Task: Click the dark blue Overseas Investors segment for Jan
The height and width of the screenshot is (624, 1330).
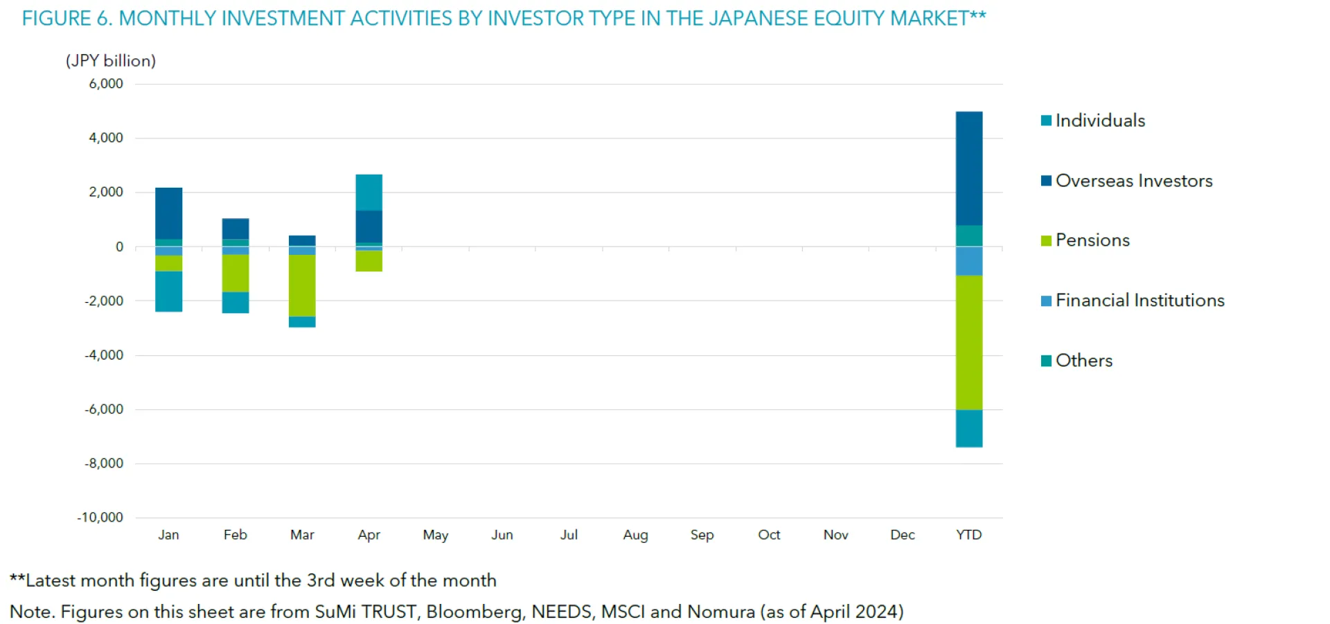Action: [168, 213]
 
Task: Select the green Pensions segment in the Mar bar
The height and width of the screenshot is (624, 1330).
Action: [302, 285]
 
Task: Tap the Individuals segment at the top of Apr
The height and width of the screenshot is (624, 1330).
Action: [369, 193]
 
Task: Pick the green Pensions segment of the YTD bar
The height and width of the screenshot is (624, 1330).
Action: [968, 342]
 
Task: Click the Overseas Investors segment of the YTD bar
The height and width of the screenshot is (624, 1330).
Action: [968, 168]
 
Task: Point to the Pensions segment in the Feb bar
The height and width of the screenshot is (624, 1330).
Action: [236, 273]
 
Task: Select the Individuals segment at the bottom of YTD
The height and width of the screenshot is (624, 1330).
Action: [968, 428]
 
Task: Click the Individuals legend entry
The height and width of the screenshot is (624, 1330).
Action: [1099, 121]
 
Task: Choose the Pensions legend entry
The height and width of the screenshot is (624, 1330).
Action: [1092, 240]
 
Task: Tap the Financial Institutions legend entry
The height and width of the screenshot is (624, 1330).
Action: [1140, 301]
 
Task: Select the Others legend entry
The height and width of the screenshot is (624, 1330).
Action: [1083, 361]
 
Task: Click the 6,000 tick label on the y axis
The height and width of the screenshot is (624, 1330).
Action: [106, 84]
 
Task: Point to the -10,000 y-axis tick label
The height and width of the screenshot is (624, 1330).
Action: [100, 517]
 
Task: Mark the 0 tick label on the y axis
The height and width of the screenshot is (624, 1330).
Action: [119, 247]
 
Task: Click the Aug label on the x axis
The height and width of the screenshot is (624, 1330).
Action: [635, 535]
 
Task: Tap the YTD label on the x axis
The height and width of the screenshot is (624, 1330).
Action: [968, 535]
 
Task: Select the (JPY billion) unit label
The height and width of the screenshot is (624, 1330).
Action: [111, 61]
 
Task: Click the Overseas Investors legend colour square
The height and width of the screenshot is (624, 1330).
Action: [1046, 181]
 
